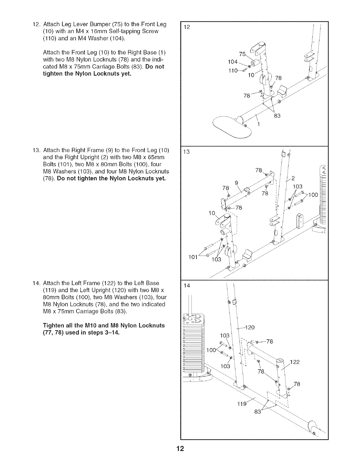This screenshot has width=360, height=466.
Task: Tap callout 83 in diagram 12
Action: (277, 116)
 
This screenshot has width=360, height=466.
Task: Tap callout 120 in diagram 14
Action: (250, 327)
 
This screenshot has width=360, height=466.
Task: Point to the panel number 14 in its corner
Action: (187, 285)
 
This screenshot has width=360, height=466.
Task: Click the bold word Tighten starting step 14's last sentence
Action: (53, 325)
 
